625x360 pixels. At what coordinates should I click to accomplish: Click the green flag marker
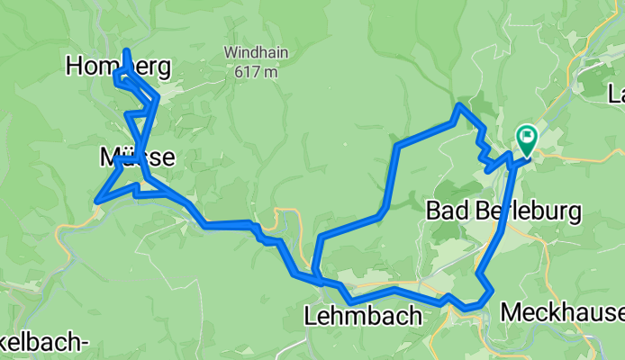[526, 140]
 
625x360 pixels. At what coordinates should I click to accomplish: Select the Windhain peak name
[257, 52]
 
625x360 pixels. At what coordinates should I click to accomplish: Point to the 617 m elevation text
[257, 71]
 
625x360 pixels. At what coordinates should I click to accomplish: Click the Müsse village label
[136, 157]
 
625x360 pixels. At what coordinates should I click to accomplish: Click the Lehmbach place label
[363, 316]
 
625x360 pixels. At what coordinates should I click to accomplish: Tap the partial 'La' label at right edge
[617, 94]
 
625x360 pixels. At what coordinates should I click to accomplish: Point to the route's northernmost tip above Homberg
[126, 51]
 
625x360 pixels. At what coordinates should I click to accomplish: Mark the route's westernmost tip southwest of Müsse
[95, 199]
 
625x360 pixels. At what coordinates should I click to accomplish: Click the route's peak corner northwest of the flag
[459, 106]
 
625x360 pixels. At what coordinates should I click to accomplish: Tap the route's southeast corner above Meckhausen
[491, 291]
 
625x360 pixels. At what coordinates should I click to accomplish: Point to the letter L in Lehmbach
[311, 316]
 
